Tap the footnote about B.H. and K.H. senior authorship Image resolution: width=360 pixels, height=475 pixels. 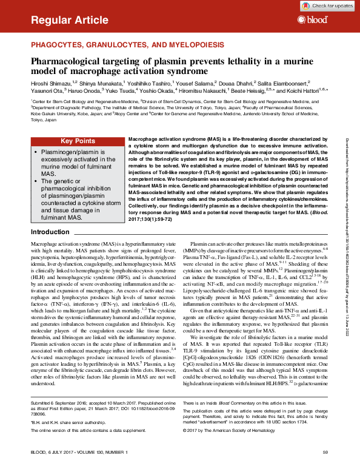[x=70, y=421]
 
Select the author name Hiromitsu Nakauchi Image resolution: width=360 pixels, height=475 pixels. [x=195, y=90]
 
